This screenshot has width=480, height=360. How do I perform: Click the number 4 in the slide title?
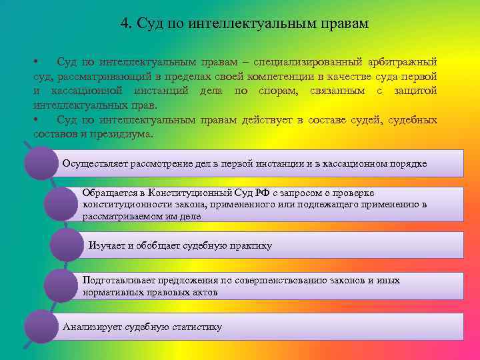[125, 24]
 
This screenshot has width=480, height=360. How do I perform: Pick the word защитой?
[416, 91]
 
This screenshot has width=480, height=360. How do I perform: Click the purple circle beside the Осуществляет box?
[41, 163]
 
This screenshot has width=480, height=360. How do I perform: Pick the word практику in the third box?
[250, 245]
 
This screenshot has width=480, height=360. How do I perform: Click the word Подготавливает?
[118, 281]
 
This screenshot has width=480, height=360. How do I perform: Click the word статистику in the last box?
[195, 327]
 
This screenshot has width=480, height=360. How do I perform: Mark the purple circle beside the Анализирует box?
[41, 327]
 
